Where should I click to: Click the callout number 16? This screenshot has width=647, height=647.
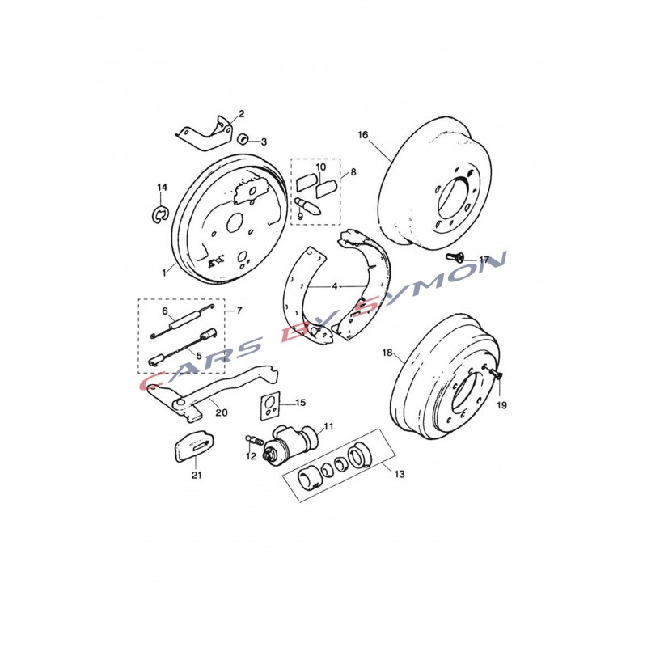[362, 135]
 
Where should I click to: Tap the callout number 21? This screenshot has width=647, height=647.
[197, 475]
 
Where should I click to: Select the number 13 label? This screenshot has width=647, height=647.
[400, 474]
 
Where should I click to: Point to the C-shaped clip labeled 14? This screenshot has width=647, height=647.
[160, 214]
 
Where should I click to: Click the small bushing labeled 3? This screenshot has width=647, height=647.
[243, 138]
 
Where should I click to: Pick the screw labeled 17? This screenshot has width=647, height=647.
[455, 256]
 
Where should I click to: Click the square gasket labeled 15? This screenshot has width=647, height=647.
[270, 406]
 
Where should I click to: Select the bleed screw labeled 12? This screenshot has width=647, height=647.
[255, 440]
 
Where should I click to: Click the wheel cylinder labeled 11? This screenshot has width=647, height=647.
[291, 442]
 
